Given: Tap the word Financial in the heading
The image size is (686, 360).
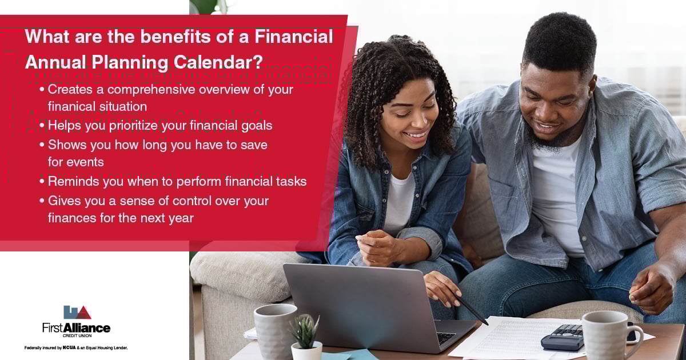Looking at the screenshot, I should click(x=294, y=37).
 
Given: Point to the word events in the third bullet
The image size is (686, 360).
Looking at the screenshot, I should click(x=85, y=162).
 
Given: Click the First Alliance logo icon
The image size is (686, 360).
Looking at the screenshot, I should click(x=77, y=312).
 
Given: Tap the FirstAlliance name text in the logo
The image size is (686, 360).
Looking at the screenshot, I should click(x=76, y=327).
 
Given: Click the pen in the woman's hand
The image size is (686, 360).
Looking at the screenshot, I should click(x=472, y=309).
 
